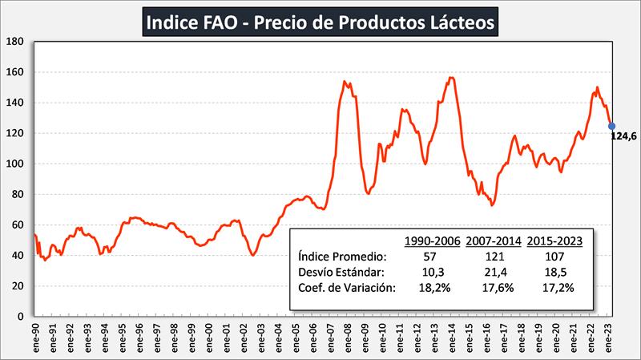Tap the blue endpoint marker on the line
point(611,125)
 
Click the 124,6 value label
point(623,136)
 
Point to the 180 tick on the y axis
point(18,42)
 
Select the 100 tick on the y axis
point(18,164)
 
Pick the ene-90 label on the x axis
point(35,336)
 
